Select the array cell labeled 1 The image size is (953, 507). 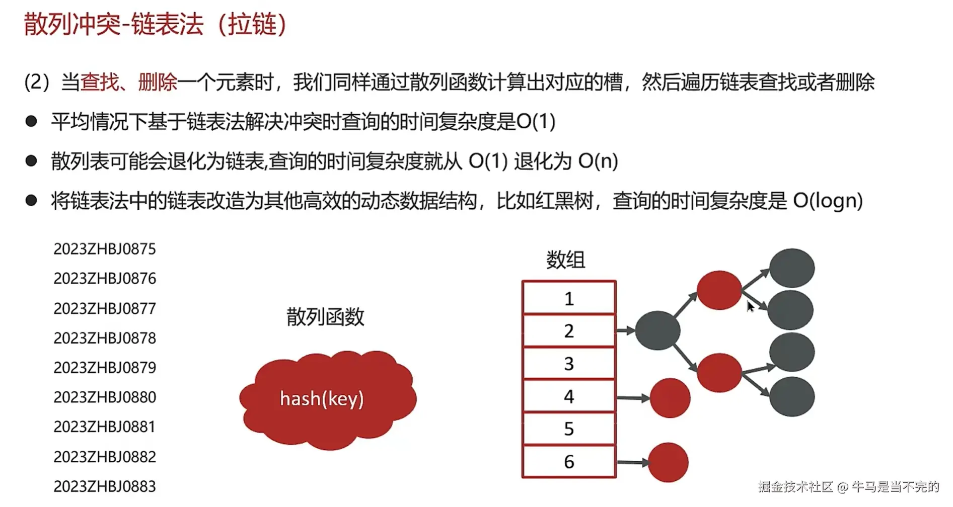569,298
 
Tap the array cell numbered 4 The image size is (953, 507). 569,396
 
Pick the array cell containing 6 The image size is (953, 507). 569,461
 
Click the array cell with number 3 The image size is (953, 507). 569,363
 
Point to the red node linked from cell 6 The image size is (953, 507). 668,462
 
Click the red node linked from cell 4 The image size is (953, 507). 670,398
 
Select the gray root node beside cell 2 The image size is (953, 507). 657,330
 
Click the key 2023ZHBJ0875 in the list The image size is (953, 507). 105,248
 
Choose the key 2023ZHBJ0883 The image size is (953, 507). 105,486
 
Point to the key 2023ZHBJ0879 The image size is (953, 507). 105,367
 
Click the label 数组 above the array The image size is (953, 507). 565,260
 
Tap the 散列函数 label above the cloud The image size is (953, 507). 325,316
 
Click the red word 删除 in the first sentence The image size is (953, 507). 158,82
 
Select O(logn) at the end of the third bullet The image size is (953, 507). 828,201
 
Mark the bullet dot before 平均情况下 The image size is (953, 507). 31,121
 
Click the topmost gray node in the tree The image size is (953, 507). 792,268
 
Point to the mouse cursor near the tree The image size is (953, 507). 750,306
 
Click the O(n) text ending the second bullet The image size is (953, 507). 598,161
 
